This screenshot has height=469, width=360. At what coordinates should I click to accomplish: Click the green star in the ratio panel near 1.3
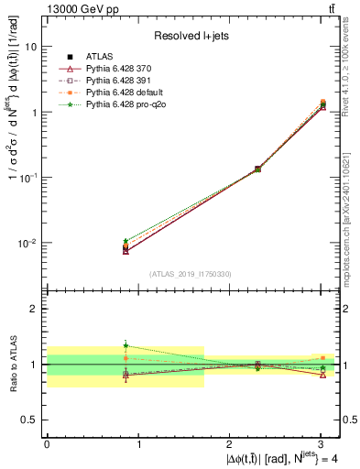tap(125, 346)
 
